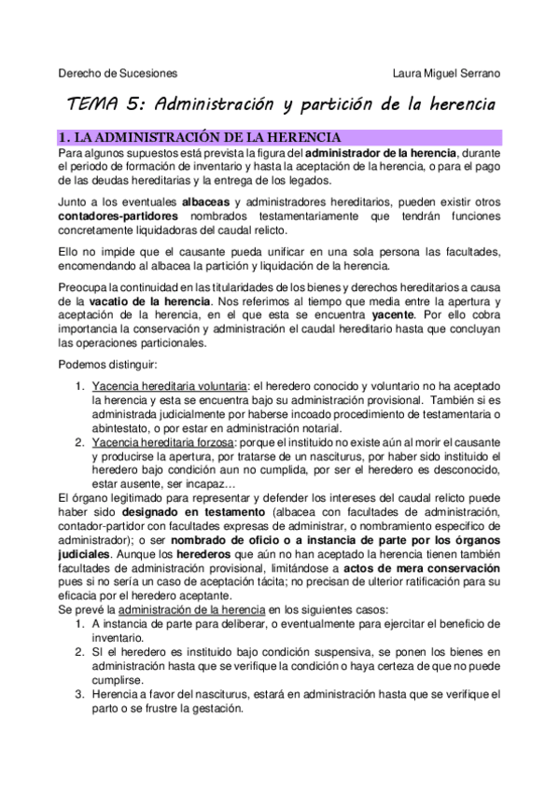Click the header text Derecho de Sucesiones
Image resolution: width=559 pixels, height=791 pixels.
point(118,72)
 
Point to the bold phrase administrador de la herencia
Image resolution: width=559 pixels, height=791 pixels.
point(382,152)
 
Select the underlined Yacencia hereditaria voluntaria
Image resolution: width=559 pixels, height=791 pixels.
point(170,386)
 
